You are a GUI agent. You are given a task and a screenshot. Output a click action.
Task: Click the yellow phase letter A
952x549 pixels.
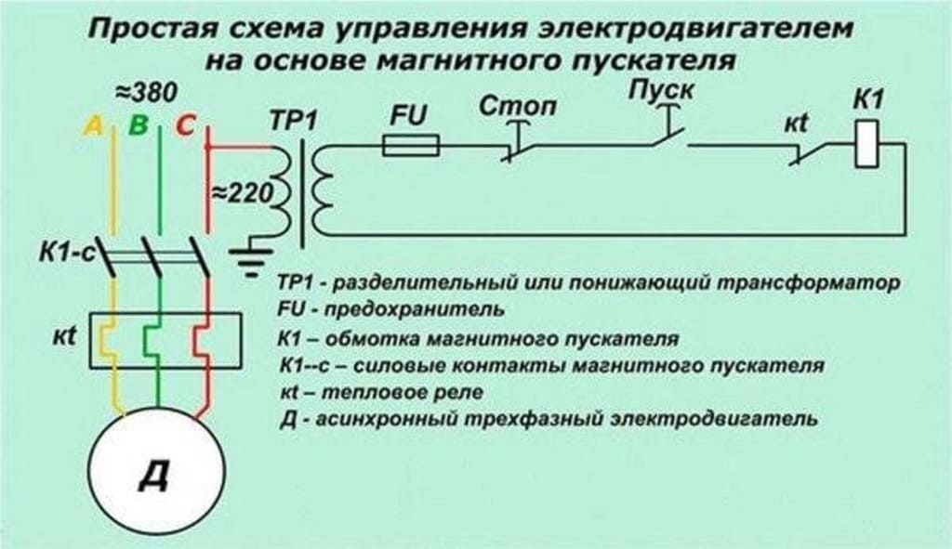[x=93, y=125]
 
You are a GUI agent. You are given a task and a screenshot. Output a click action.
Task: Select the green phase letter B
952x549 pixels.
[x=138, y=125]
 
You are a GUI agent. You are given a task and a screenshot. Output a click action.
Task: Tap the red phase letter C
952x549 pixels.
[x=183, y=125]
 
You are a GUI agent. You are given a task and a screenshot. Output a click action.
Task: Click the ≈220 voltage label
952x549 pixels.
[x=239, y=193]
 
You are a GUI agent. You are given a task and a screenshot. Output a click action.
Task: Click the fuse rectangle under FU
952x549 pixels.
[x=412, y=144]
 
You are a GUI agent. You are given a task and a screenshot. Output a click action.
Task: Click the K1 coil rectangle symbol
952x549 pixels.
[x=866, y=148]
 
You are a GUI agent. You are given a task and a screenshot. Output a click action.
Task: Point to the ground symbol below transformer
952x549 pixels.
[x=248, y=257]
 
